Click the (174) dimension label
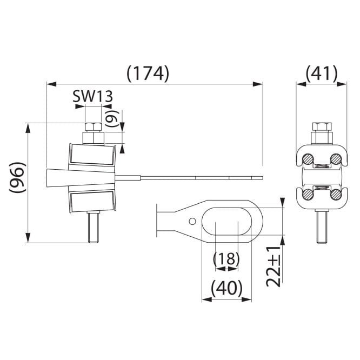click(148, 74)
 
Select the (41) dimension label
click(322, 74)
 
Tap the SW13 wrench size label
click(93, 96)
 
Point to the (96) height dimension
click(17, 177)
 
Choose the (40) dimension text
click(226, 288)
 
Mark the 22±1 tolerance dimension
click(274, 267)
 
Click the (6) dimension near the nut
click(112, 118)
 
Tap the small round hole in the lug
click(192, 221)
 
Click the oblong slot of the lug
click(227, 221)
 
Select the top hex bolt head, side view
click(93, 126)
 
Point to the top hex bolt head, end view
click(322, 126)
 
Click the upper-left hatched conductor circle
click(308, 159)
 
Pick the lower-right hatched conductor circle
click(336, 194)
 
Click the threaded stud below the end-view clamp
click(322, 226)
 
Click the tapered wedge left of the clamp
click(81, 178)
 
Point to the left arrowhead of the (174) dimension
click(51, 84)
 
